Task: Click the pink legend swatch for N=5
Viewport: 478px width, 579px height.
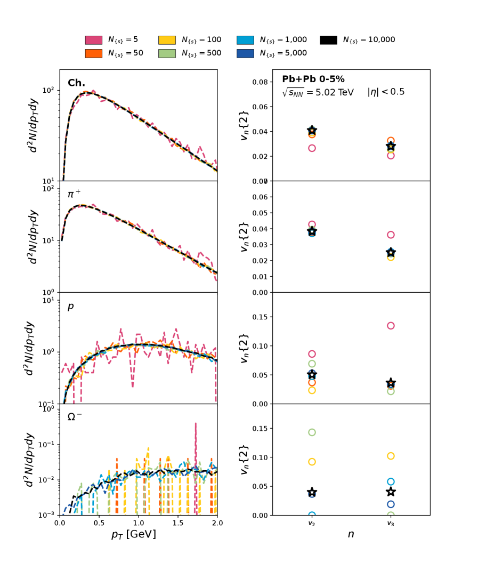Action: (x=93, y=40)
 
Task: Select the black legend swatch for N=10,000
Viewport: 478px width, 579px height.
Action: (x=328, y=40)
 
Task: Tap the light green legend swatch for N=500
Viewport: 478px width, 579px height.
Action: (x=167, y=53)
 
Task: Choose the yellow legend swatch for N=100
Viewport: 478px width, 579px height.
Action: (x=167, y=40)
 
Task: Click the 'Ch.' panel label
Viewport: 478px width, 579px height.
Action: (x=76, y=83)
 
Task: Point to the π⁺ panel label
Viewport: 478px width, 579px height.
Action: (x=75, y=195)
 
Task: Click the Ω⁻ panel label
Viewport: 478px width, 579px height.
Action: (x=75, y=417)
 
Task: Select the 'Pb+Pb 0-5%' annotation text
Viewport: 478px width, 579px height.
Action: (x=313, y=79)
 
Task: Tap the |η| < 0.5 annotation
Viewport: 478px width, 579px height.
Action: (x=386, y=92)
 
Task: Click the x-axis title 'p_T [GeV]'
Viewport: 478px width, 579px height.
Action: (x=134, y=534)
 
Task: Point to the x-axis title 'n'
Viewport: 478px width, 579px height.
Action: (x=351, y=534)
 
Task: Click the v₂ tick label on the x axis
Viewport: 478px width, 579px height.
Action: (x=312, y=524)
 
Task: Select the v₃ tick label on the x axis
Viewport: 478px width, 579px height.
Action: (x=391, y=524)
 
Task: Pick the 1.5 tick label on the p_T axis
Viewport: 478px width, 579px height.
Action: (x=178, y=523)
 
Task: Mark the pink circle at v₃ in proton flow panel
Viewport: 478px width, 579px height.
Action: (x=391, y=326)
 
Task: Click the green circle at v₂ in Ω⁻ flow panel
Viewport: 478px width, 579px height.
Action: (x=312, y=432)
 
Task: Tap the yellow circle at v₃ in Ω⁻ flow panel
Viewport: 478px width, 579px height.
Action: (x=391, y=456)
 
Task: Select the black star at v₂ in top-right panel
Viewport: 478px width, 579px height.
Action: (x=312, y=131)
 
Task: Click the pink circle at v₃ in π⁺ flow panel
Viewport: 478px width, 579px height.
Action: (x=391, y=235)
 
